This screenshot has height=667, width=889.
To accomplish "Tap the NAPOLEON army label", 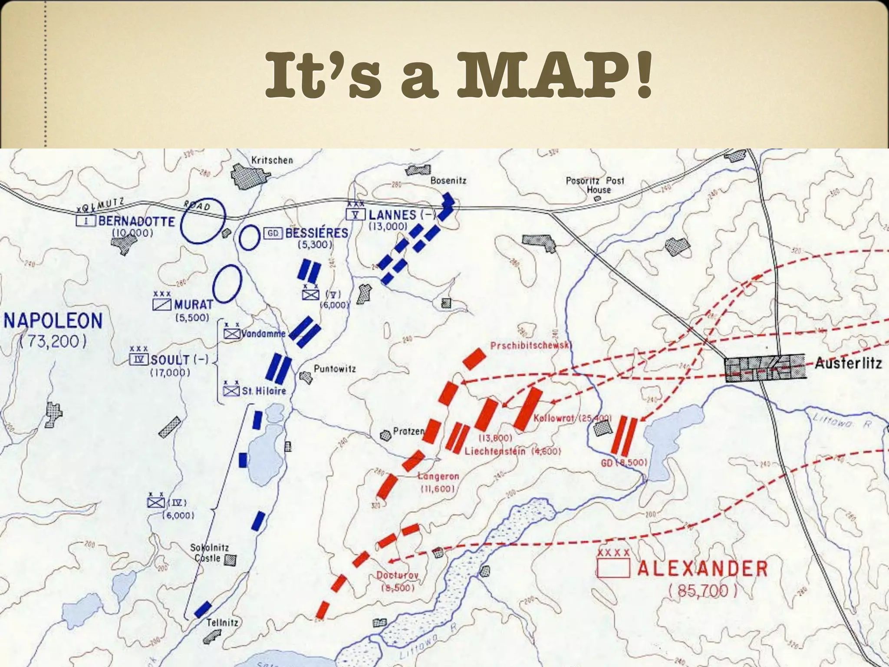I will coord(53,321).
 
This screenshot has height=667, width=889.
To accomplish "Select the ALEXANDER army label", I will coord(702,568).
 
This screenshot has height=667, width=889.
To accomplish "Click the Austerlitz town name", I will coord(848,363).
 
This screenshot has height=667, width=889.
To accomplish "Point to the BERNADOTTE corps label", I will coord(136,221).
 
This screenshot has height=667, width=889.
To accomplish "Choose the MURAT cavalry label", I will coord(194,304).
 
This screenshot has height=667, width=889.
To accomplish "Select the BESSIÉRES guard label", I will coord(316,233).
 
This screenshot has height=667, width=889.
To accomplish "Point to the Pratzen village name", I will coord(408,431).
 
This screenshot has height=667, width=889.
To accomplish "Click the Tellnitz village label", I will coord(222,622).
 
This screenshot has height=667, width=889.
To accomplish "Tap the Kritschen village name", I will coord(272,160).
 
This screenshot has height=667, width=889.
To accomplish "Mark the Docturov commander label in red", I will coord(397,575).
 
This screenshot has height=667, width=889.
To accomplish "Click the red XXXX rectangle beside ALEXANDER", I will coord(613,568).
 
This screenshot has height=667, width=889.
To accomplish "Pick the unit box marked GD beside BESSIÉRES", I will coord(273,234).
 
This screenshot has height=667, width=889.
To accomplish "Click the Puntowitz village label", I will coord(335,369).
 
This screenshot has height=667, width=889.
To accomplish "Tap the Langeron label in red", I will coord(438,476).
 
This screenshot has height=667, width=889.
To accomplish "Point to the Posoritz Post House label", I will coord(595,185).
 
